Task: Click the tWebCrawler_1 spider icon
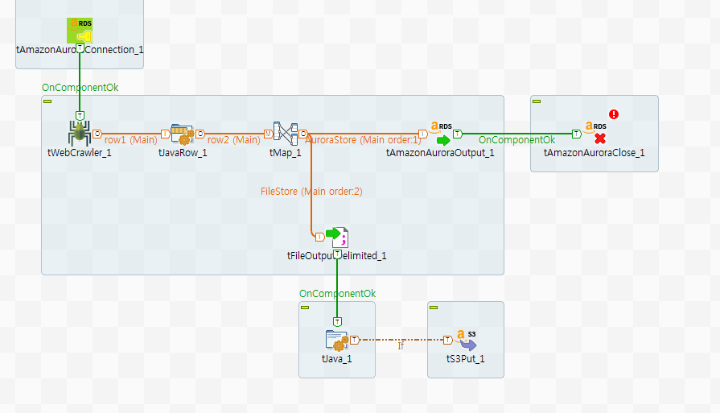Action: point(79,133)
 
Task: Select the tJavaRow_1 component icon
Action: point(183,133)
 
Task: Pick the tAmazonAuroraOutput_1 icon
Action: point(440,133)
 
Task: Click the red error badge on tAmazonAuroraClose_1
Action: point(613,114)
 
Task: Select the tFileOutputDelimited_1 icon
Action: point(337,236)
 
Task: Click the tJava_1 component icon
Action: point(337,340)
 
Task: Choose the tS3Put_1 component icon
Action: point(466,340)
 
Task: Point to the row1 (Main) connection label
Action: point(130,139)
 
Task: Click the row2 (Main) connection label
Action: point(233,139)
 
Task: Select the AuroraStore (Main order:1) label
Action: point(363,139)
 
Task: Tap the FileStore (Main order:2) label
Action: point(311,192)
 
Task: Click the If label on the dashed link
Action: point(401,346)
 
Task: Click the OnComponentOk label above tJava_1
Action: point(337,294)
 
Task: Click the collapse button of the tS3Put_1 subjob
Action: point(434,308)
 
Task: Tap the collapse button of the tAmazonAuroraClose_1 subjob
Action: point(537,101)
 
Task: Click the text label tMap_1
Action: point(285,153)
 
